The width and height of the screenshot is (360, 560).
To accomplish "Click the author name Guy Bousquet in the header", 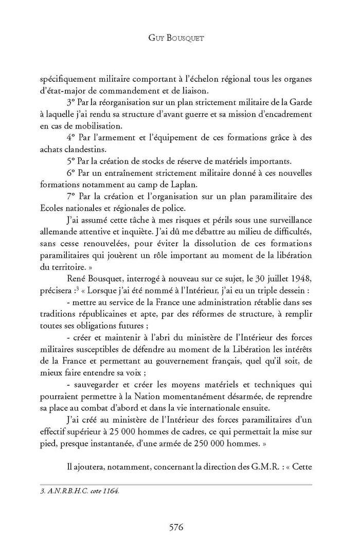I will pos(180,38).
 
